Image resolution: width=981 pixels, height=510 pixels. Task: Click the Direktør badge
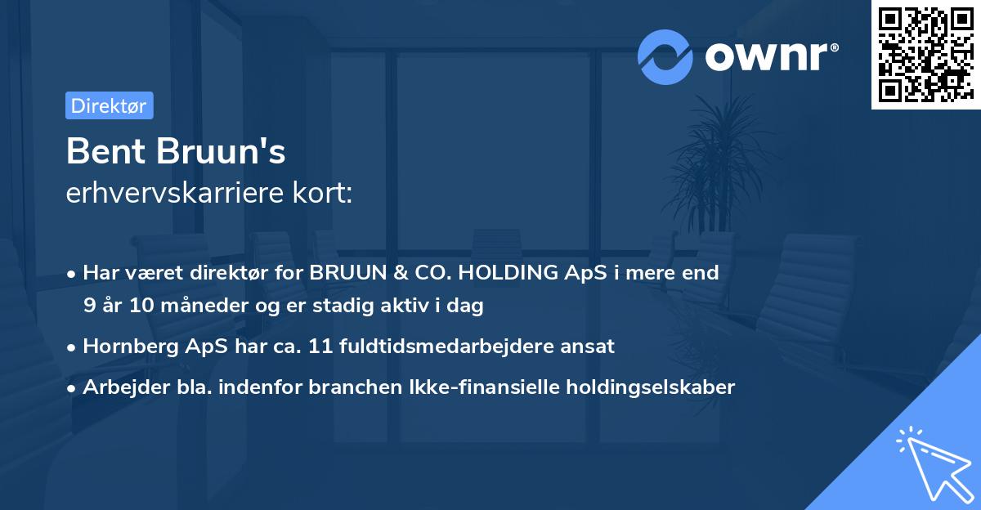(x=109, y=105)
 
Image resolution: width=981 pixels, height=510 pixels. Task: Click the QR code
(x=925, y=55)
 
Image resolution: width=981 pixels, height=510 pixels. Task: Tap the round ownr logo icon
(x=665, y=57)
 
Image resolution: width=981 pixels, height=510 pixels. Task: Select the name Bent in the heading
(x=100, y=151)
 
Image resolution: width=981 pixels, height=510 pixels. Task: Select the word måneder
(x=192, y=306)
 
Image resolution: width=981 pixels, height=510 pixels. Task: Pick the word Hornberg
(x=127, y=346)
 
